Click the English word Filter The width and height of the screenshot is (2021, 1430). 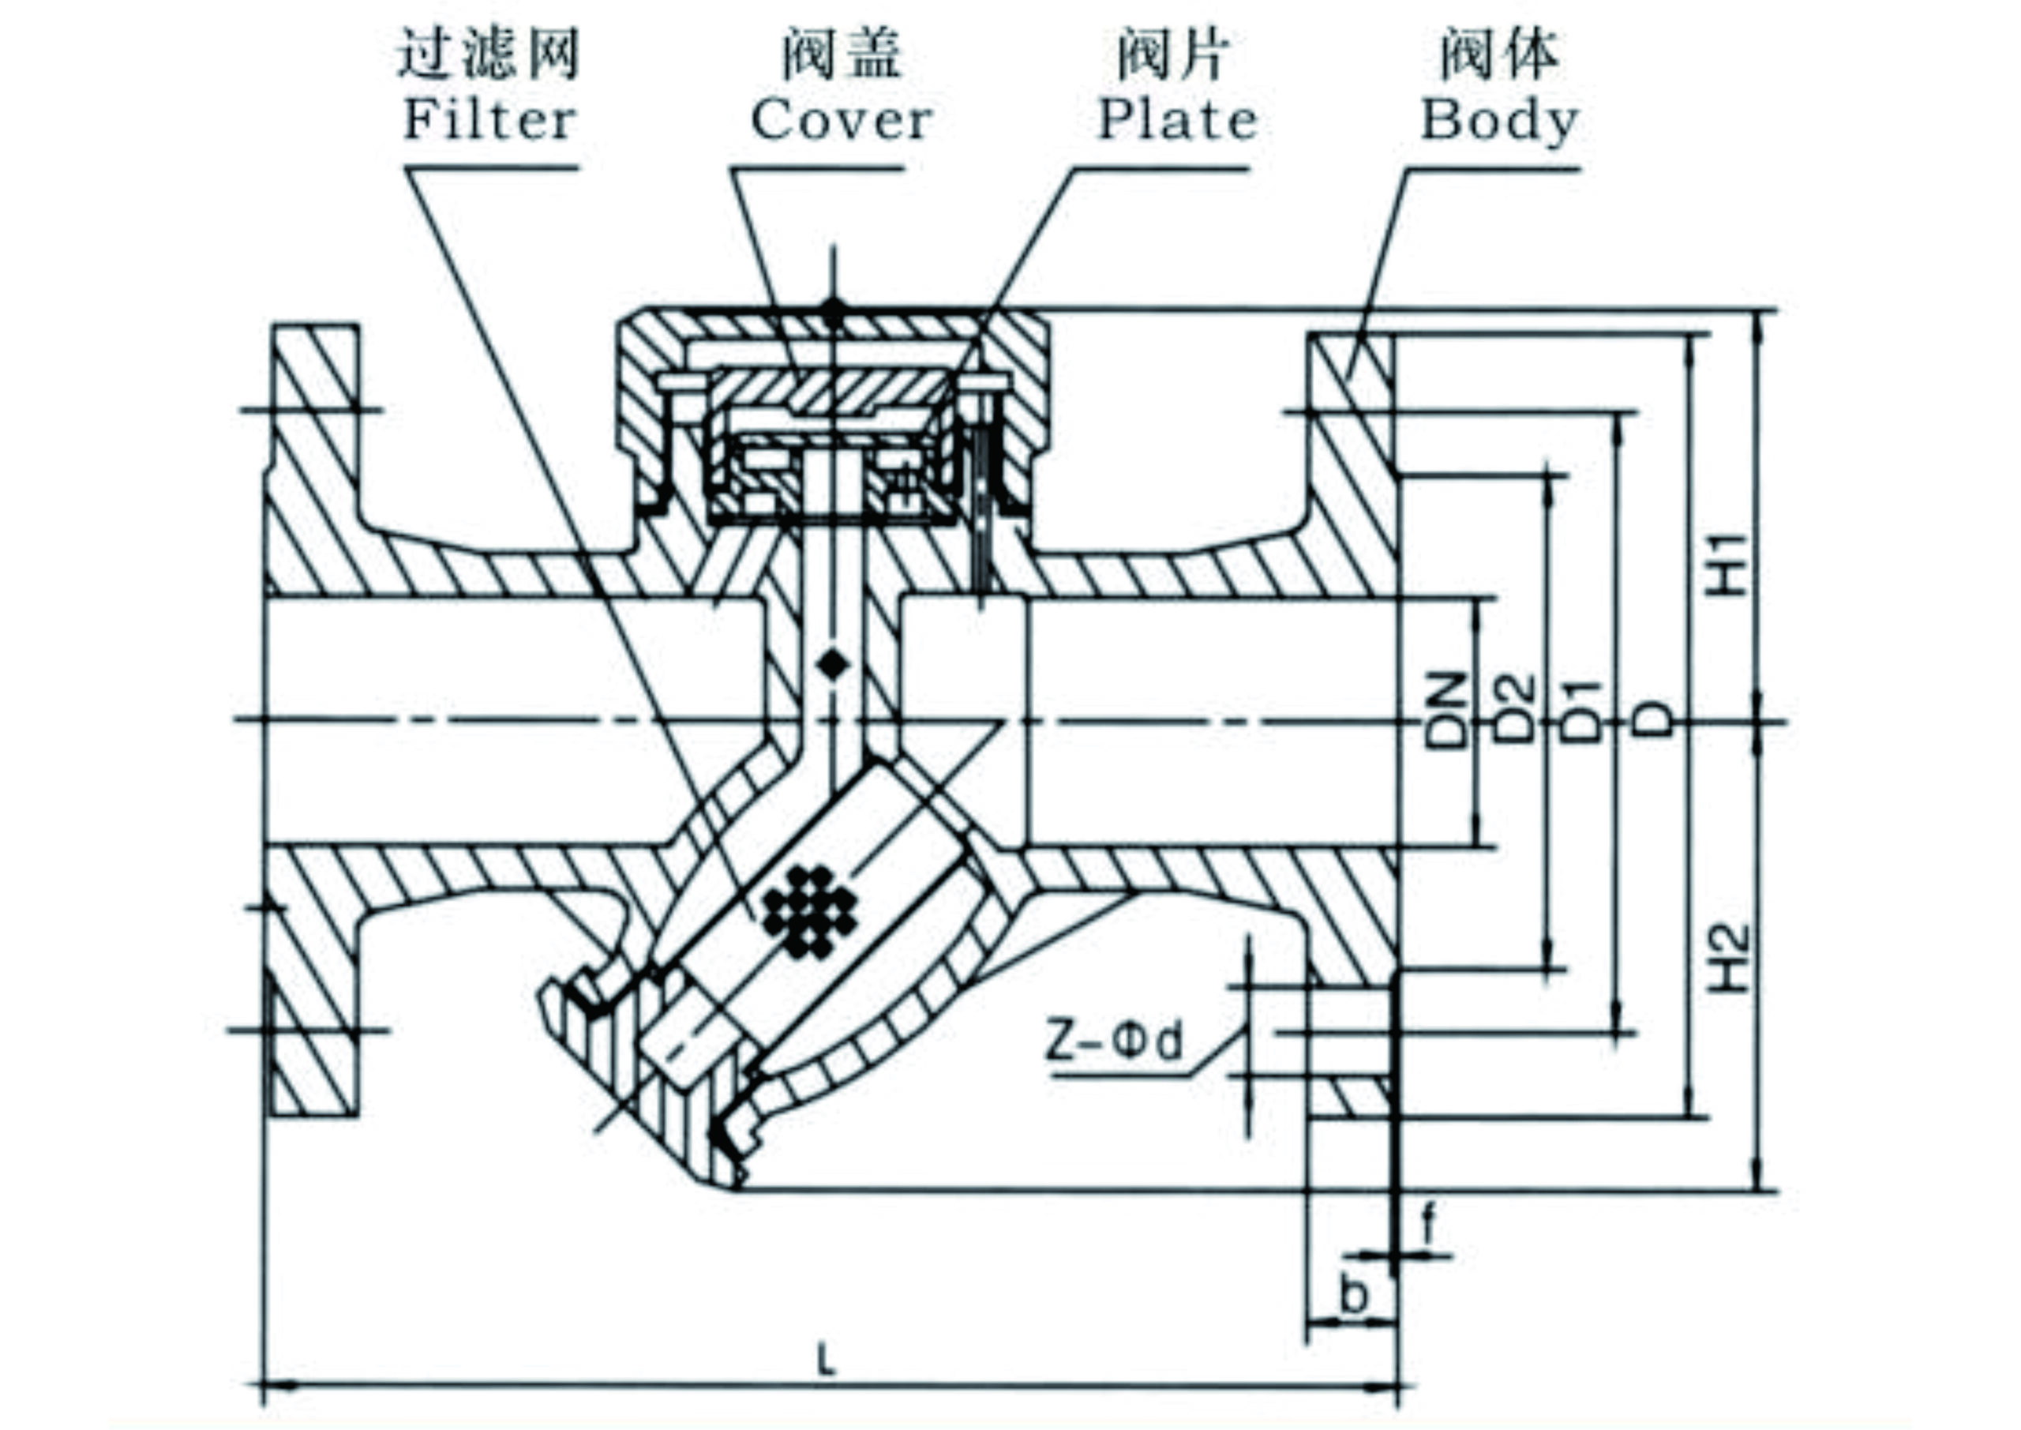(x=489, y=121)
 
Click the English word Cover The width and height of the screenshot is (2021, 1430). (x=841, y=121)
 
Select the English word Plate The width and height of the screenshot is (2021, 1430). (x=1178, y=121)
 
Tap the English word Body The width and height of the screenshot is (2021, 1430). (x=1499, y=121)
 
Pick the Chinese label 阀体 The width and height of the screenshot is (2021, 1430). (x=1499, y=54)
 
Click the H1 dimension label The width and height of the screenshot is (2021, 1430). (x=1727, y=564)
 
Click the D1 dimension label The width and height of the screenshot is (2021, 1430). (x=1585, y=711)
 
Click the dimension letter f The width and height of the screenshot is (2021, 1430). (x=1428, y=1223)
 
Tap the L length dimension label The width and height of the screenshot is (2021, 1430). (x=826, y=1362)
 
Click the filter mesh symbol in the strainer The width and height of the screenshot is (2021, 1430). (x=810, y=912)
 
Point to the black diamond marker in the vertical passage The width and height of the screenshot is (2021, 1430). (x=832, y=664)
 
